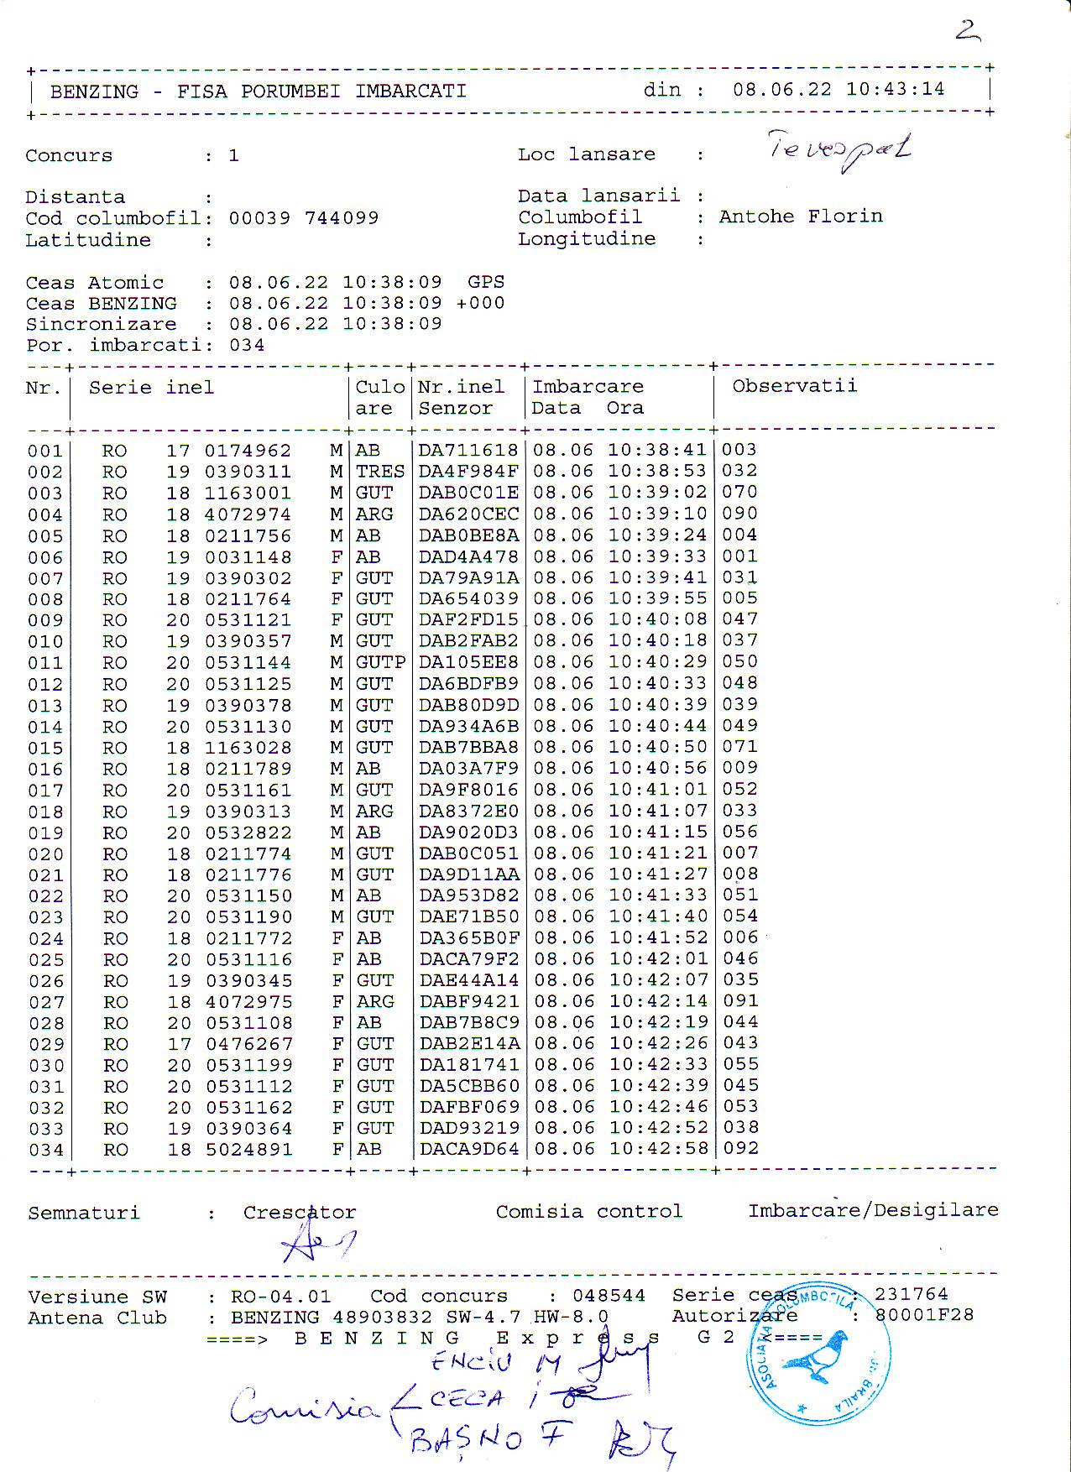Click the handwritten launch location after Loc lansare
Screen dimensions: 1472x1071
click(839, 149)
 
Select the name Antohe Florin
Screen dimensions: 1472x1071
click(801, 217)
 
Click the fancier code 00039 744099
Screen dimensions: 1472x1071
click(304, 218)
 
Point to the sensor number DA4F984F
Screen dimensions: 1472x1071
click(468, 472)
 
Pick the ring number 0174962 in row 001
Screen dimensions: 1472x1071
click(248, 451)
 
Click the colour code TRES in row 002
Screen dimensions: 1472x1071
click(379, 472)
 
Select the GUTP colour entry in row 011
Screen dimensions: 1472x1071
click(380, 662)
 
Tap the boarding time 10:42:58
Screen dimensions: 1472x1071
click(658, 1148)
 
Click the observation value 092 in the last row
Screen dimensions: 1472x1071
click(739, 1148)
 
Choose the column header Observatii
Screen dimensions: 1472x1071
click(794, 386)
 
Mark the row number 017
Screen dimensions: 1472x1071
click(45, 791)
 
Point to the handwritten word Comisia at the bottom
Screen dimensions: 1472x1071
click(304, 1407)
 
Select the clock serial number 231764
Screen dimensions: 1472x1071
click(911, 1294)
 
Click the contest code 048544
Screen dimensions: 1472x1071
click(609, 1296)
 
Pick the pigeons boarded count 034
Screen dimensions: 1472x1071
click(247, 345)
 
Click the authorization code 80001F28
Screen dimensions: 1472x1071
click(924, 1315)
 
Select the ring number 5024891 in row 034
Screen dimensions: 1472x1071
click(248, 1149)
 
